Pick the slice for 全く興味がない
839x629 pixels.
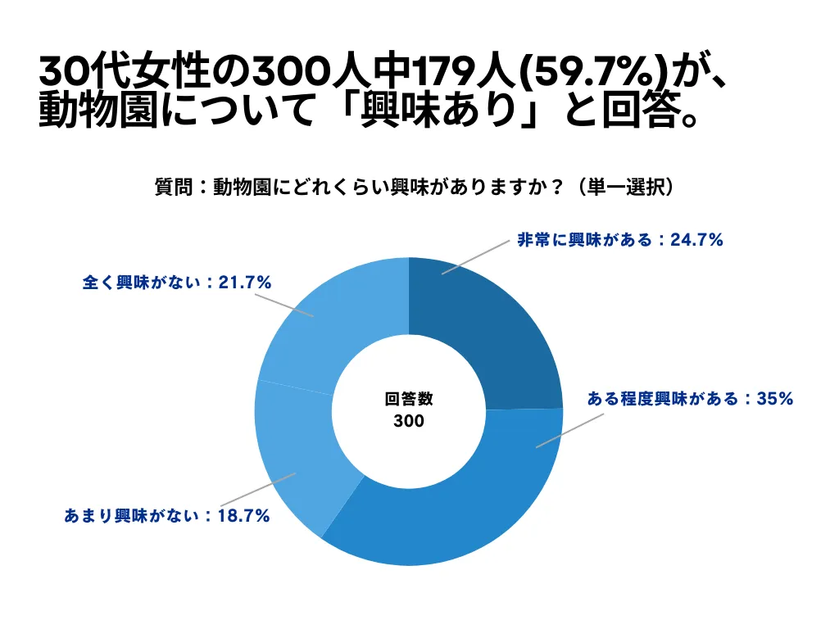(328, 328)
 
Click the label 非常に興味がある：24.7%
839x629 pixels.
(619, 240)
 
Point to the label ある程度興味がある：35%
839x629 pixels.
(690, 400)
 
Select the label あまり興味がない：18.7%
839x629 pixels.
(167, 516)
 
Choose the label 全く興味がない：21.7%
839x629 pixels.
(177, 283)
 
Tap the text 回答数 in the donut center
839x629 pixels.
(409, 400)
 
